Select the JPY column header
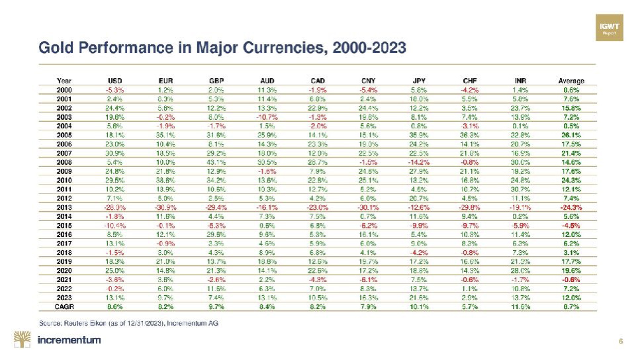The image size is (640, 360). point(418,81)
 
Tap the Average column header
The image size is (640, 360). point(571,81)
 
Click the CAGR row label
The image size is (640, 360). point(64,306)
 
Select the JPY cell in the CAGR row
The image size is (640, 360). point(418,306)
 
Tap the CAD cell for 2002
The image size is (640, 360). point(317,108)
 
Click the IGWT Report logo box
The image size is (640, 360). point(608,26)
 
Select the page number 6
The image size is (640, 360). point(620,341)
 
